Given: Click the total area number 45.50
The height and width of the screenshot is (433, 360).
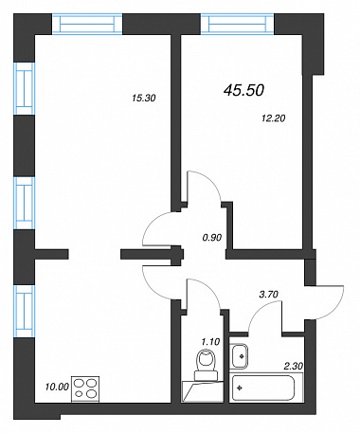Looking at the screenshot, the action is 243,91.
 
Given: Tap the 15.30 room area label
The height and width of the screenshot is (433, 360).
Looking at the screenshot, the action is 144,99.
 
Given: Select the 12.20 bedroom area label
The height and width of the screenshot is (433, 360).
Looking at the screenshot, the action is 274,118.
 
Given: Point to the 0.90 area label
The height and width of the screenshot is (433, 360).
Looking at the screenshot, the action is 212,237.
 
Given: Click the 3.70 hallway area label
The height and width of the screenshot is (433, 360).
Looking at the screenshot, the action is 268,295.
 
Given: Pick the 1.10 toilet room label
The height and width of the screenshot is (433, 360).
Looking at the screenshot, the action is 210,341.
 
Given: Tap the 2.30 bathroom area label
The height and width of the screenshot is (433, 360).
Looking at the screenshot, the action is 294,366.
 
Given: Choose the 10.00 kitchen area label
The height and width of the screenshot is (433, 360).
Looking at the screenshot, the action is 57,387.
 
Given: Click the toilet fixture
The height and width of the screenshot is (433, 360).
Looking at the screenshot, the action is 206,366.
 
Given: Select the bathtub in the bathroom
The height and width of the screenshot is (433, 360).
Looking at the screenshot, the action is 262,388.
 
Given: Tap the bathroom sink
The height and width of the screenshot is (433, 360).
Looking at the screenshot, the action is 239,356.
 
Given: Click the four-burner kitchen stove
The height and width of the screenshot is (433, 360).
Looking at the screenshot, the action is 85,389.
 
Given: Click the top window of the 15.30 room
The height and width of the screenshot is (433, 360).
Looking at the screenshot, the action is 87,23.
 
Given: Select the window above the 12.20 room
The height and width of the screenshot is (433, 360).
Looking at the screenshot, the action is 238,23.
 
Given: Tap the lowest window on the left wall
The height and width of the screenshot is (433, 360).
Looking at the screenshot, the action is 25,312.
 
